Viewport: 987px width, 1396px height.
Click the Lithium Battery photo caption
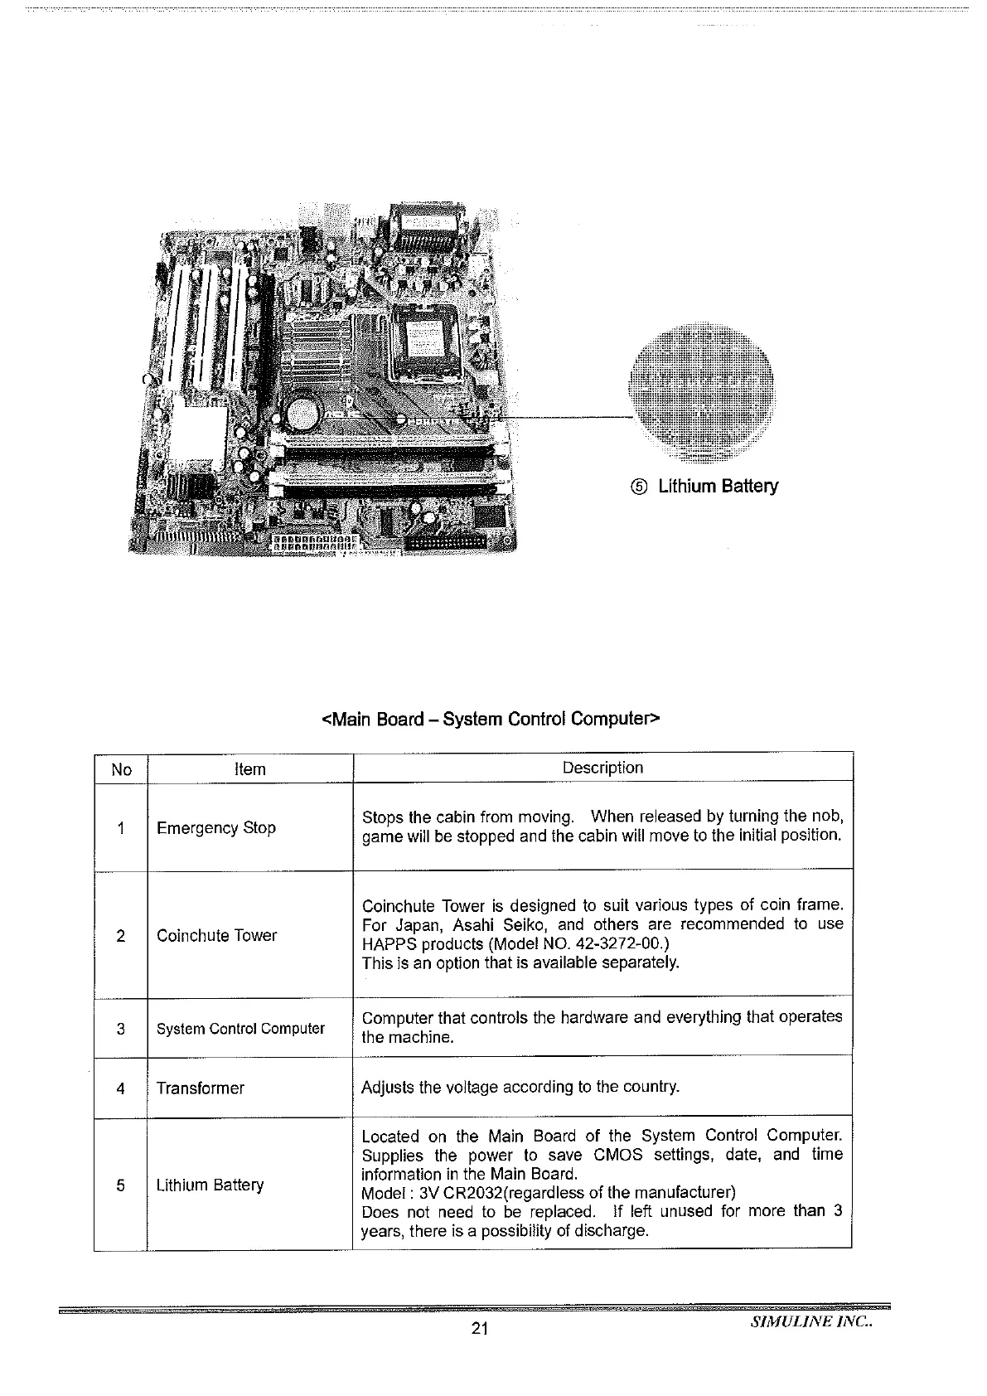point(718,486)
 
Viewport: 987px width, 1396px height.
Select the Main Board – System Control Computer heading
point(490,718)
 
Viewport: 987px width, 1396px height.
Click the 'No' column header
point(121,769)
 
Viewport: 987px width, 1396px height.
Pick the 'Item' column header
point(249,769)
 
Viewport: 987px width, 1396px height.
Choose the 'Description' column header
point(602,768)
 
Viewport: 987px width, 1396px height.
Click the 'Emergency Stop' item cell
point(216,827)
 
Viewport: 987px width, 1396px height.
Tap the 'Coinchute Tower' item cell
point(217,935)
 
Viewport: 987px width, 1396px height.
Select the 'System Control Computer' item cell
point(240,1029)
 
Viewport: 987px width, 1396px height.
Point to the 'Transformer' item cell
point(201,1088)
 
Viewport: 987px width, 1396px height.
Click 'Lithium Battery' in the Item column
point(210,1185)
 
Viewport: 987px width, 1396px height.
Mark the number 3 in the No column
point(121,1029)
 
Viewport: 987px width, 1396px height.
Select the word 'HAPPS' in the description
point(387,944)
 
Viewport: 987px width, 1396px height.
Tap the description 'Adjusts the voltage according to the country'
point(520,1087)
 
